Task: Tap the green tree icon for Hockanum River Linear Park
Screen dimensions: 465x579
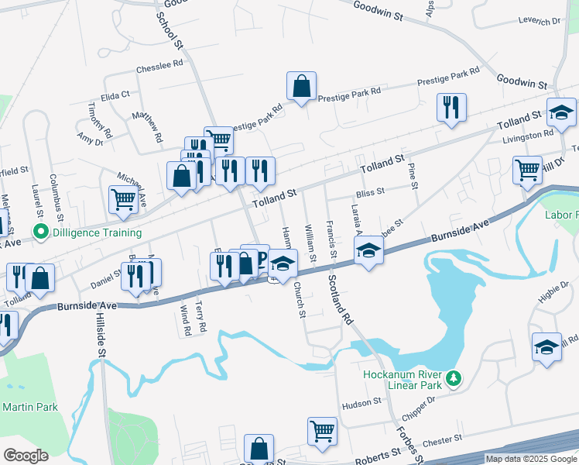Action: click(x=457, y=379)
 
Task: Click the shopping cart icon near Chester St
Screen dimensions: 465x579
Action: click(x=321, y=430)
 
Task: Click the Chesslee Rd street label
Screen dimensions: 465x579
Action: click(x=159, y=68)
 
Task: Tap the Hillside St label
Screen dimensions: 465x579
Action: click(x=101, y=336)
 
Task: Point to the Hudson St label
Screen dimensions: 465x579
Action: click(x=362, y=402)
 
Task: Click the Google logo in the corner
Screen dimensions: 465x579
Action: click(x=26, y=456)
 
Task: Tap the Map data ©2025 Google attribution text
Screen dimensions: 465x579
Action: click(x=530, y=459)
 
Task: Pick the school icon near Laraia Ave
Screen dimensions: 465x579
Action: click(x=368, y=250)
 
